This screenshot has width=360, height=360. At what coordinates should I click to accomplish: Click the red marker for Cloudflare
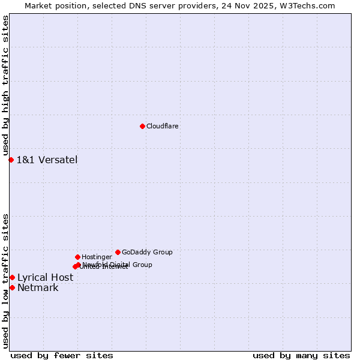pyautogui.click(x=142, y=126)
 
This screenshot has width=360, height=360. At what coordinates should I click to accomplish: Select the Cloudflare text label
pyautogui.click(x=163, y=126)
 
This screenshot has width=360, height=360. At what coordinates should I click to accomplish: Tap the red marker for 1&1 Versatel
pyautogui.click(x=11, y=160)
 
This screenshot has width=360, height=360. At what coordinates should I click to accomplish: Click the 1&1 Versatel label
pyautogui.click(x=47, y=160)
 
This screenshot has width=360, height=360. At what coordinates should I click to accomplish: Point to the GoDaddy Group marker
pyautogui.click(x=118, y=252)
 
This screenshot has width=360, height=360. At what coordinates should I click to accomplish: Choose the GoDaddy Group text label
pyautogui.click(x=147, y=252)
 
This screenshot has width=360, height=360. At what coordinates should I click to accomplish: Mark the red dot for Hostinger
pyautogui.click(x=77, y=257)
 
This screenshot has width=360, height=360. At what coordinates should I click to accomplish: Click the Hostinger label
pyautogui.click(x=97, y=257)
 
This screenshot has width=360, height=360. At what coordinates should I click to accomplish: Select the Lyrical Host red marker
pyautogui.click(x=12, y=277)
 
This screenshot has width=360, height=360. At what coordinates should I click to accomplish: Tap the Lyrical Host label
pyautogui.click(x=45, y=277)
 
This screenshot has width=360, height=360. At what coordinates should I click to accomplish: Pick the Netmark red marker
pyautogui.click(x=12, y=287)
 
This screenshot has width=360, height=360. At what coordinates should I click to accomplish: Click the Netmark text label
pyautogui.click(x=38, y=287)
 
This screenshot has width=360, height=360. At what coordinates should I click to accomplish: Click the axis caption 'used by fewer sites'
pyautogui.click(x=62, y=355)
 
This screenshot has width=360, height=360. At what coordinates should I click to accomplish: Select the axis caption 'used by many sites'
pyautogui.click(x=301, y=355)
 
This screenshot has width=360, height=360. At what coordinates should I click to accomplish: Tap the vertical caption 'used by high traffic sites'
pyautogui.click(x=5, y=86)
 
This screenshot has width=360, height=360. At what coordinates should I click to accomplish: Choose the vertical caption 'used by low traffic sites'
pyautogui.click(x=5, y=280)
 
